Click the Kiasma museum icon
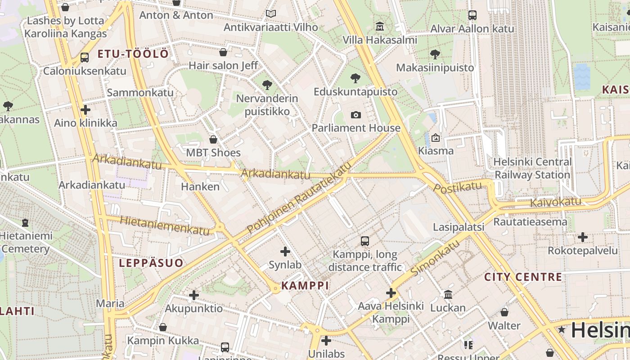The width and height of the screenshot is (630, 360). tap(435, 138)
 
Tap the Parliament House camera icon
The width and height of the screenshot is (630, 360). tap(355, 115)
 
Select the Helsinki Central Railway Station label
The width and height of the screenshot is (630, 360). tap(532, 168)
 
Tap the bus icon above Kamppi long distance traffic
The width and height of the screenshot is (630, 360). tap(365, 241)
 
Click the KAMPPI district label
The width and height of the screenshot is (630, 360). tap(305, 285)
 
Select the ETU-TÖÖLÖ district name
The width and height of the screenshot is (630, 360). tap(133, 54)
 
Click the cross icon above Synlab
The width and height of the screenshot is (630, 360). tap(285, 252)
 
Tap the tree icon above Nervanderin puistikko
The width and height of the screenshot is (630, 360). tap(267, 85)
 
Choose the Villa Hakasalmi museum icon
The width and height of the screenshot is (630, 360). tap(380, 26)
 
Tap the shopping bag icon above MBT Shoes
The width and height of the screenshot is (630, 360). tap(213, 139)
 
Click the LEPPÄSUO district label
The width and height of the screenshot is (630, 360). tap(151, 263)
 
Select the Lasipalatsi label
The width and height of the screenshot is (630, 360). tap(458, 227)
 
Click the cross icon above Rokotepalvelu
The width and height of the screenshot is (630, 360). tap(582, 237)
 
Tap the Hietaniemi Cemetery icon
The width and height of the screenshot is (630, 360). tap(25, 222)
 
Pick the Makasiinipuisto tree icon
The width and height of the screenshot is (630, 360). tap(435, 54)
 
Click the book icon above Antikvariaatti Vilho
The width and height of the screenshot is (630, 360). tap(270, 14)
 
